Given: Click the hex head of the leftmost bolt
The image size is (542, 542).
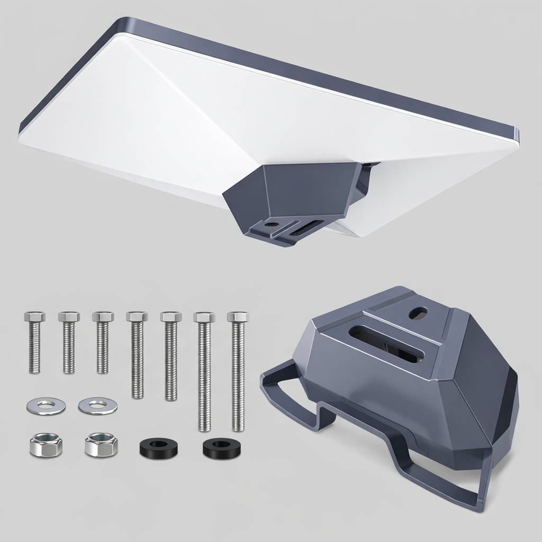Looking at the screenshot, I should point(34,317).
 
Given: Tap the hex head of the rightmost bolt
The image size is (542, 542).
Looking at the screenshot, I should point(238,317).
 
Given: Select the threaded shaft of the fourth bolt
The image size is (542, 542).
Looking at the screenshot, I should point(137,360).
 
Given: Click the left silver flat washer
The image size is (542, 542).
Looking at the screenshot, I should point(46,406).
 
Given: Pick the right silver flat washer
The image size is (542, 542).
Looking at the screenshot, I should point(97,406).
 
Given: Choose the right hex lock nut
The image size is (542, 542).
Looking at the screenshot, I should point(101,445).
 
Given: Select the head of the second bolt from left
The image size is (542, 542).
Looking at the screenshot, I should point(69,317).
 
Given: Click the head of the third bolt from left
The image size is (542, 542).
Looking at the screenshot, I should point(103,317).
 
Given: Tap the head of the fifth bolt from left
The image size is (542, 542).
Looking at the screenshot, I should point(171,317).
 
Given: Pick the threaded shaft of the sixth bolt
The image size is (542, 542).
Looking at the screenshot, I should point(204,376).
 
